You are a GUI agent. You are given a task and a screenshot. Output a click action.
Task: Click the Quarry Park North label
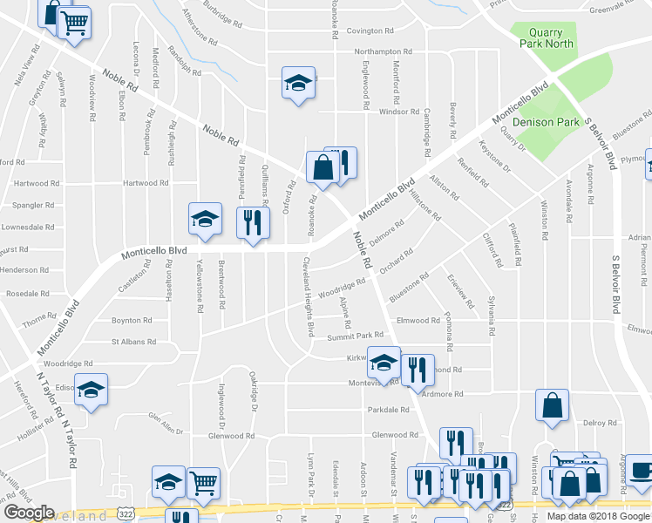547,36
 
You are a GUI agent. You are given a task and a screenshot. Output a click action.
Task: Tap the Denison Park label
546,122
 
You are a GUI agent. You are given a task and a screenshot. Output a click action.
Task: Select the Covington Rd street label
377,31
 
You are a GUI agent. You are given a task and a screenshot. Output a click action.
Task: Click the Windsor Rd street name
399,112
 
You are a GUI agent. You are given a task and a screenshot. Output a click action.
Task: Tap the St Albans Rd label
133,343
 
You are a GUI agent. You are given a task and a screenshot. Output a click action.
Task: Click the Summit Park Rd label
355,336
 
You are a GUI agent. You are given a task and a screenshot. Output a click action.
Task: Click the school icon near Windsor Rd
298,84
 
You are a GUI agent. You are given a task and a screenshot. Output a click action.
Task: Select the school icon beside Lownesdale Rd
205,220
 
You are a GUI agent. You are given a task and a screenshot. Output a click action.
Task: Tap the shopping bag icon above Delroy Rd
552,405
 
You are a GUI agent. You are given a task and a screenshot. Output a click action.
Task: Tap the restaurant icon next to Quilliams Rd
253,222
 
